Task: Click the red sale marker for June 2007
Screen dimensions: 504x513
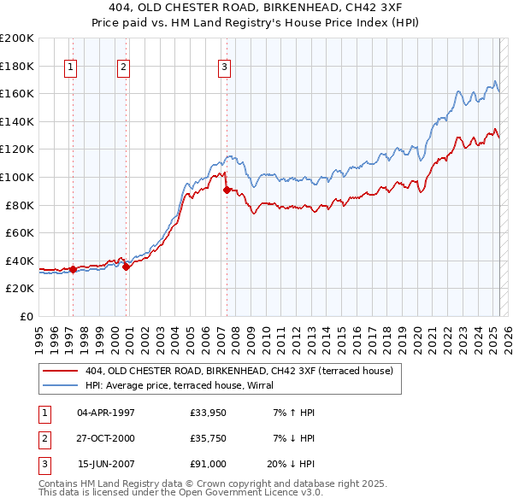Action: point(227,190)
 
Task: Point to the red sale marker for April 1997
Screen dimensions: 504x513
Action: point(73,269)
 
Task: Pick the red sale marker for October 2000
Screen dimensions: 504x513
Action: point(126,267)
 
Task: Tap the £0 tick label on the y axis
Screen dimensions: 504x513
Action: point(25,316)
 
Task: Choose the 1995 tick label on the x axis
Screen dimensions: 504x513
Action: point(40,336)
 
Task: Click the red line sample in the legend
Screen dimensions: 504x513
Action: point(62,371)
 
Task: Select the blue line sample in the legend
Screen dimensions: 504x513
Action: point(62,384)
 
